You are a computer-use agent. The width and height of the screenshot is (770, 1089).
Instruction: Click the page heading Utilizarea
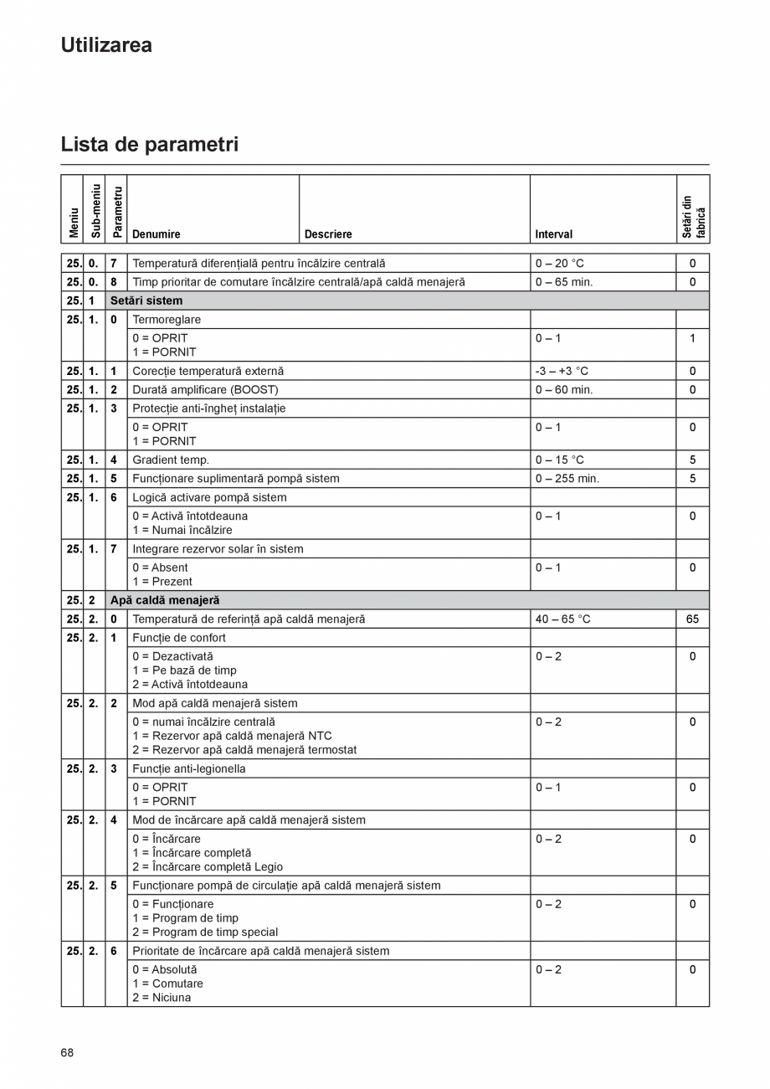(x=106, y=45)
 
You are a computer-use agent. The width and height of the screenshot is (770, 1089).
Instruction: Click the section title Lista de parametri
(x=149, y=144)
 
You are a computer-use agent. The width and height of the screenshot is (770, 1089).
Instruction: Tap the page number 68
(x=67, y=1052)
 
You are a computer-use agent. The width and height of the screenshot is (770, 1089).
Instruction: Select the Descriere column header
(x=328, y=234)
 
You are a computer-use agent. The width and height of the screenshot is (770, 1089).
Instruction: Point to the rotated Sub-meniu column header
(x=95, y=210)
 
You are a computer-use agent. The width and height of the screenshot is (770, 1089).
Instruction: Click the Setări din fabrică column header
(x=693, y=217)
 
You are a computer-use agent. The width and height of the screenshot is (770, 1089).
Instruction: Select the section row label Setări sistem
(x=146, y=301)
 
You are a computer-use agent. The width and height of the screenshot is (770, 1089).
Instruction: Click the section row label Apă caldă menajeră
(x=165, y=600)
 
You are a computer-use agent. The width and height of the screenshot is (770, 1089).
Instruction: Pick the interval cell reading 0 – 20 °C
(x=560, y=263)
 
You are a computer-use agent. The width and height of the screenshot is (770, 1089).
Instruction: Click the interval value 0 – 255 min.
(x=567, y=479)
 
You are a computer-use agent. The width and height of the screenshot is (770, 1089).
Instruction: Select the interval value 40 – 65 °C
(x=562, y=619)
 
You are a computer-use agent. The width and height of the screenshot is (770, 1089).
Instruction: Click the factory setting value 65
(x=692, y=619)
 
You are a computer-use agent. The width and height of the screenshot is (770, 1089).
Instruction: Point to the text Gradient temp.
(x=171, y=460)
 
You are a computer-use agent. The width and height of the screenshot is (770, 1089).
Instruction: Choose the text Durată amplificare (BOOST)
(x=205, y=389)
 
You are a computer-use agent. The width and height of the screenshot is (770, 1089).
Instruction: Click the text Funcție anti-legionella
(x=189, y=768)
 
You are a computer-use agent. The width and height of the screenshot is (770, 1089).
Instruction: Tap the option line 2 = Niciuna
(x=162, y=998)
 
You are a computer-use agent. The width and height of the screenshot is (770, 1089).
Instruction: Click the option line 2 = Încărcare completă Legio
(x=208, y=866)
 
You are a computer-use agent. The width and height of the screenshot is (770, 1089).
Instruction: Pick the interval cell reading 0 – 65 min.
(x=564, y=282)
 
